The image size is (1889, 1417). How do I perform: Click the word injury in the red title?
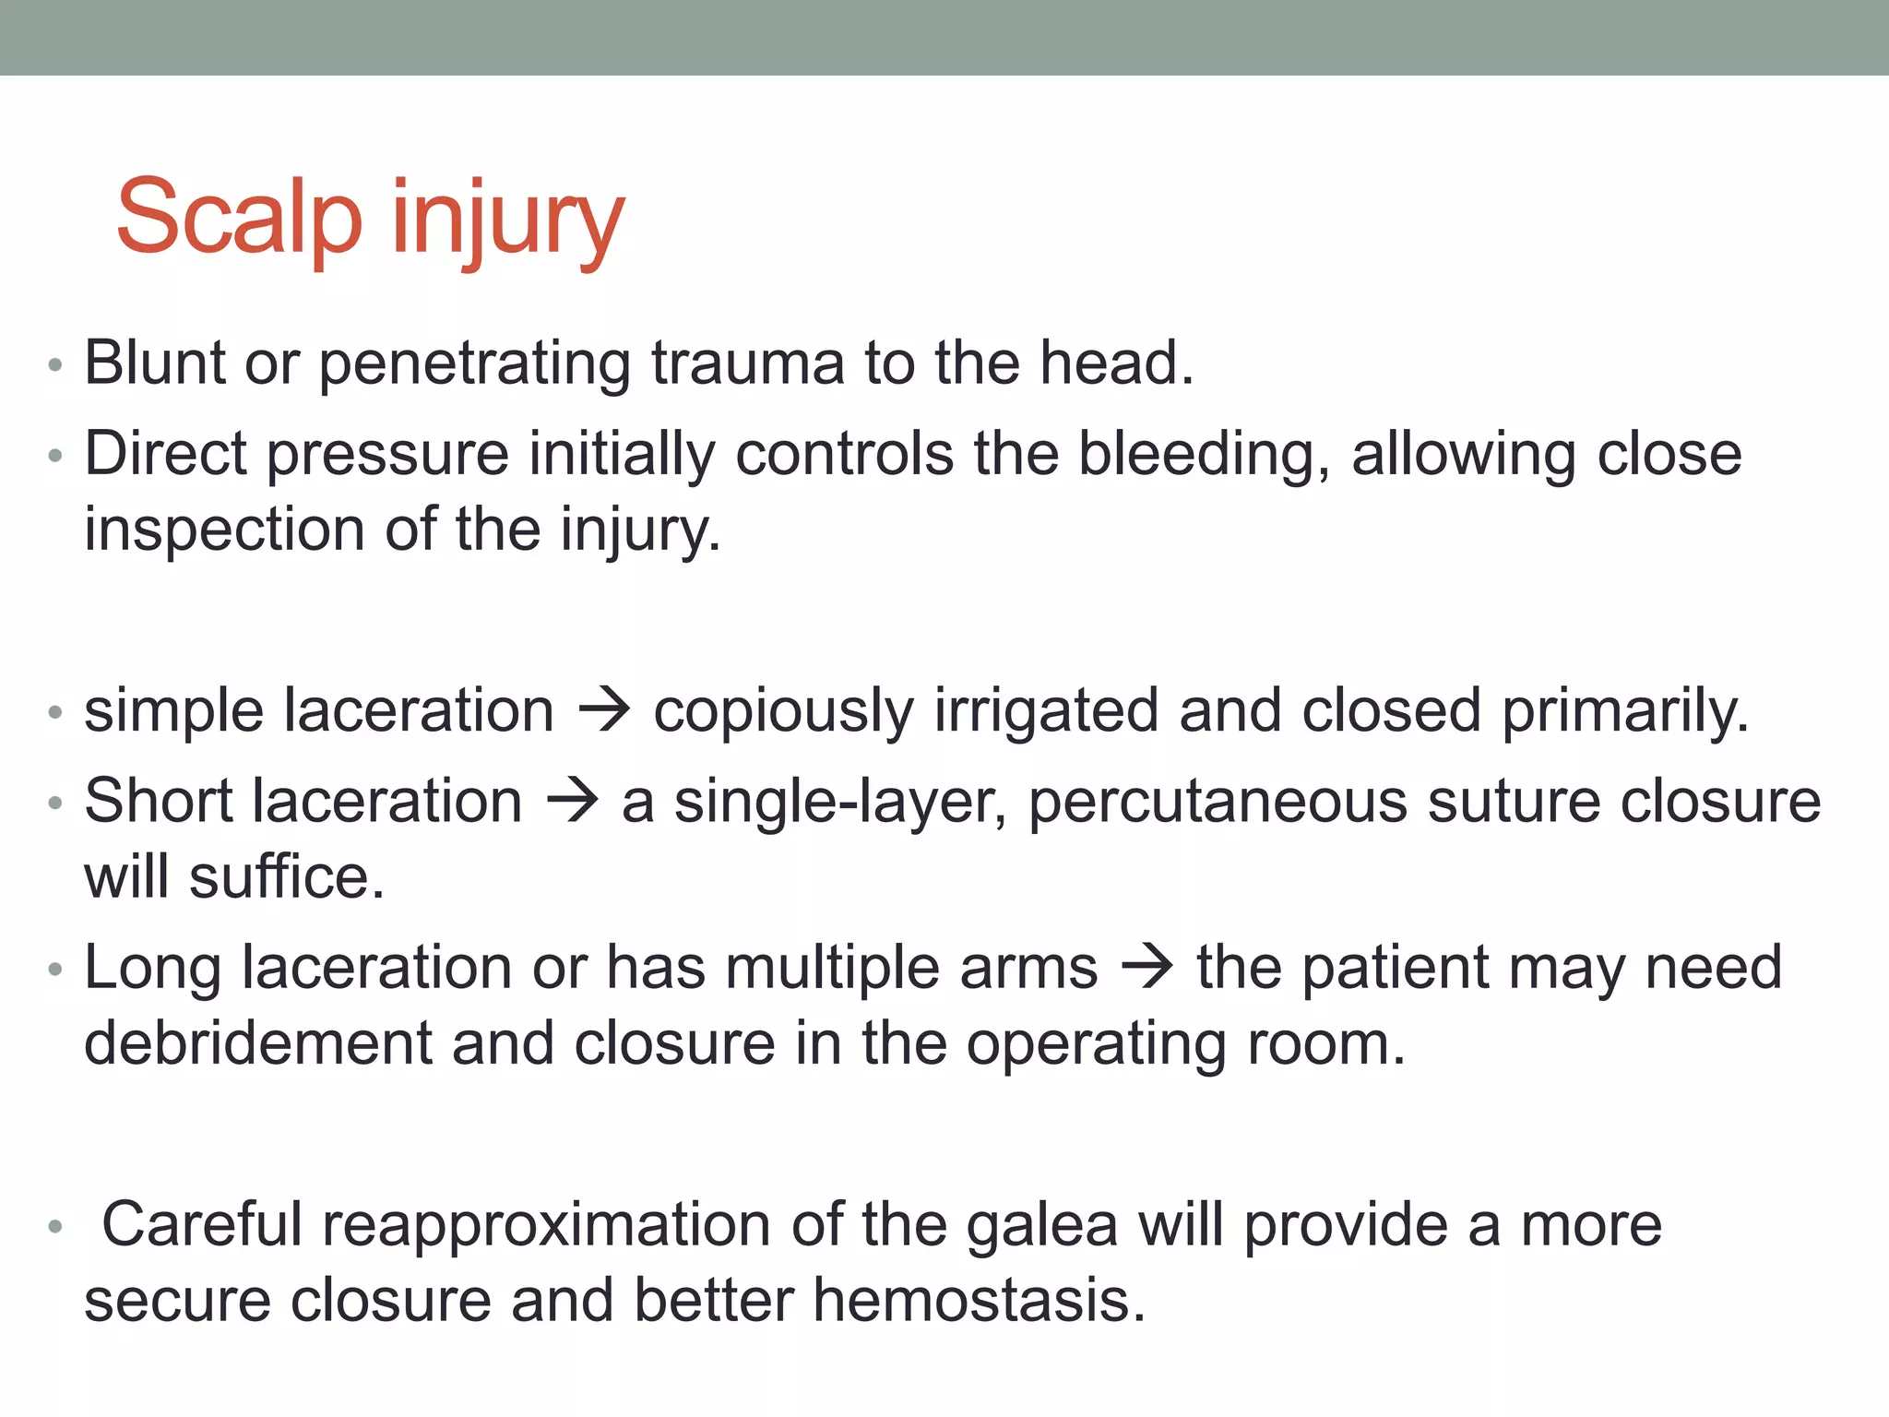(507, 221)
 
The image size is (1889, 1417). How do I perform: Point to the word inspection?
(224, 530)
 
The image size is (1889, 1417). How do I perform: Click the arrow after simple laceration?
(604, 711)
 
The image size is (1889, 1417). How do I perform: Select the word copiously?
(783, 712)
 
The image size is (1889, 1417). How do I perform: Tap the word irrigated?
(1046, 712)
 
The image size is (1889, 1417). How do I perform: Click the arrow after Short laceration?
(572, 801)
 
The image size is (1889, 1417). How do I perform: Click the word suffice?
(287, 876)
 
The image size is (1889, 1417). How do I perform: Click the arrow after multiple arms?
(1147, 969)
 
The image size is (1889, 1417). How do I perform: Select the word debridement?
(257, 1043)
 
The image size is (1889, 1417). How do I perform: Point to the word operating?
(1096, 1045)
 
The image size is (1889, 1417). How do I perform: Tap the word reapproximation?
(546, 1226)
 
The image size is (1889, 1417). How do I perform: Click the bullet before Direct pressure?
(55, 456)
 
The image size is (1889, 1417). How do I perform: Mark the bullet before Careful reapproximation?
(55, 1227)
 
